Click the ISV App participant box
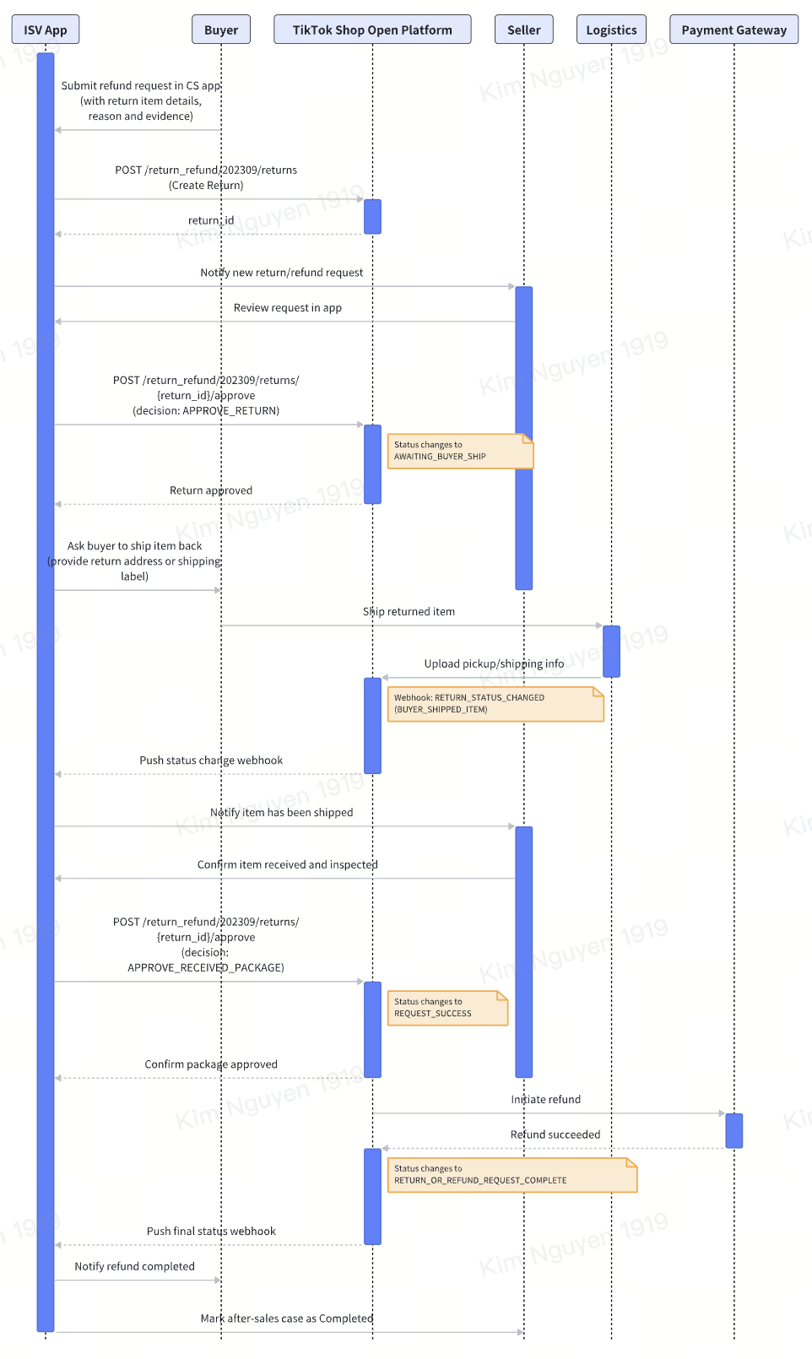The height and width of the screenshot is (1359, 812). [x=46, y=30]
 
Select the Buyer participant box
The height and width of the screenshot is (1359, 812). [x=221, y=30]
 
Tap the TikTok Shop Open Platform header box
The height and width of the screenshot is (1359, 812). [x=372, y=30]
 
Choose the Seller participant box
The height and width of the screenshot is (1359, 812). [x=523, y=30]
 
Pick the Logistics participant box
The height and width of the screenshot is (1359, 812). [x=611, y=30]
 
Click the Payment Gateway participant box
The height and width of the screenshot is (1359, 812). [x=734, y=30]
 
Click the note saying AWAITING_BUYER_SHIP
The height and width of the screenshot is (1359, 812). [x=460, y=451]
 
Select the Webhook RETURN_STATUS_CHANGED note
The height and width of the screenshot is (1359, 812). [x=495, y=704]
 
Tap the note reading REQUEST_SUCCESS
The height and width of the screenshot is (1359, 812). [x=447, y=1008]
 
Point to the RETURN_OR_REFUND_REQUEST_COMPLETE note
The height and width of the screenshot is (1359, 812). [x=512, y=1175]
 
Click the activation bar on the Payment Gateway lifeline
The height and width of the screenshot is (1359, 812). [x=734, y=1131]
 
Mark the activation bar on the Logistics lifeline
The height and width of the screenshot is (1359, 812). [x=611, y=651]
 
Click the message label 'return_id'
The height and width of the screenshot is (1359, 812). [x=210, y=220]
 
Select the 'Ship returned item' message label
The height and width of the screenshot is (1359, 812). [x=409, y=611]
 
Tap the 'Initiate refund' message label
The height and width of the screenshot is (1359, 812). [x=545, y=1099]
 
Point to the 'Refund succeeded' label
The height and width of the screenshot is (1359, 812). [x=555, y=1134]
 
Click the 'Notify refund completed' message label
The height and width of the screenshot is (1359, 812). [x=135, y=1266]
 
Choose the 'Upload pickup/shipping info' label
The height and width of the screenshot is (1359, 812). [x=494, y=663]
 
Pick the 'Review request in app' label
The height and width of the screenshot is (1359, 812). [x=288, y=307]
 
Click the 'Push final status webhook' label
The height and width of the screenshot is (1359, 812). [x=211, y=1231]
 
